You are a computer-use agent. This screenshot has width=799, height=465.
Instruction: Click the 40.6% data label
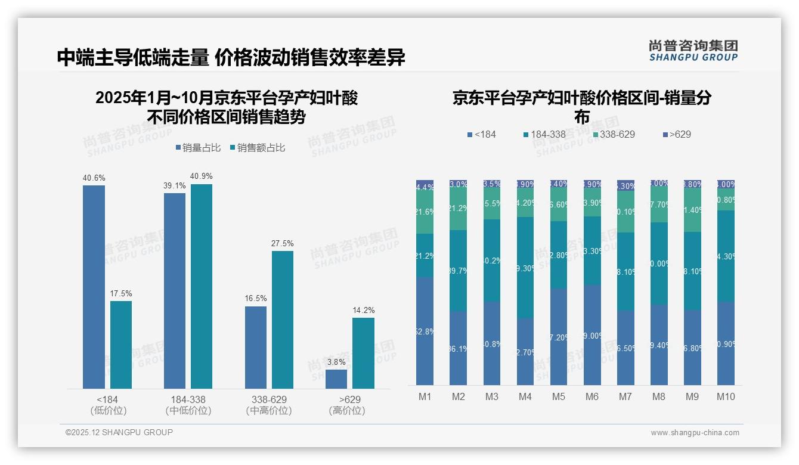point(94,178)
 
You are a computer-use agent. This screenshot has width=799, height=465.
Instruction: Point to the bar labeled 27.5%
point(283,320)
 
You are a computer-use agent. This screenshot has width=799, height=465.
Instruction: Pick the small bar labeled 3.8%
point(336,379)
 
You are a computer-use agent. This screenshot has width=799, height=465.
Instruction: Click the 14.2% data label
point(363,311)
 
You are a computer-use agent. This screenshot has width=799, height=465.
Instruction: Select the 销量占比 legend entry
point(201,148)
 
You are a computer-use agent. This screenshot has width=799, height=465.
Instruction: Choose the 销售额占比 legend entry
point(257,148)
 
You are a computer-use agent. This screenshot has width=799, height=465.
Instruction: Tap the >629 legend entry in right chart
point(677,135)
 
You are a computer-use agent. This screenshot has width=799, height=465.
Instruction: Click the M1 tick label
point(425,396)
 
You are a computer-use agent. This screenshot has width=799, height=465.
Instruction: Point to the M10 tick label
point(726,396)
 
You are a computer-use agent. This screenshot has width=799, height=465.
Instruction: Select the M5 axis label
point(558,396)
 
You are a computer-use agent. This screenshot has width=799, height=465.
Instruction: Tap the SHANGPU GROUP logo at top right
point(693,51)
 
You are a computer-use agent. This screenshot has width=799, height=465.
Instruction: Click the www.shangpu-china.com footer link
point(695,433)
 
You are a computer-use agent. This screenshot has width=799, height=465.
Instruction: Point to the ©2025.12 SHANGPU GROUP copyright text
point(119,432)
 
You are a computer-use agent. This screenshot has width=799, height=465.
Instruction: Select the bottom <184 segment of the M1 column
point(425,331)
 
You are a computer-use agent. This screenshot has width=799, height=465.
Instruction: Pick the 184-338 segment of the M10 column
point(726,256)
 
